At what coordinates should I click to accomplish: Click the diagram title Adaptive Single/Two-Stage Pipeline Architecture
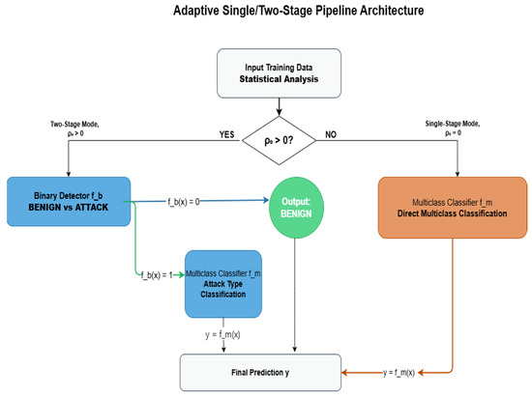coord(299,11)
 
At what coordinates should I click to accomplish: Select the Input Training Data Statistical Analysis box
coord(279,73)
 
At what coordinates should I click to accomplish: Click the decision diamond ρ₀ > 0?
coord(279,141)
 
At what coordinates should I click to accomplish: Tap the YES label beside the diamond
coord(226,134)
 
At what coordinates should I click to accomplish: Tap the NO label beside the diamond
coord(331,134)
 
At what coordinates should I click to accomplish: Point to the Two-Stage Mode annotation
coord(74,128)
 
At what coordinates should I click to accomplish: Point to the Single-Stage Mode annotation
coord(453,128)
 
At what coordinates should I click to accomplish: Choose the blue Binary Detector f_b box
coord(69,202)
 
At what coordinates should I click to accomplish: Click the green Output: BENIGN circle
coord(296,208)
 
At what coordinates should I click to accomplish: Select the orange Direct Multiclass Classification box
coord(453,208)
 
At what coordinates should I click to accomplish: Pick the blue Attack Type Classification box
coord(223,284)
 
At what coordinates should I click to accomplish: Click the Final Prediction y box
coord(260,373)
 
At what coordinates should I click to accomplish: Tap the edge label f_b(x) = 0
coord(184,202)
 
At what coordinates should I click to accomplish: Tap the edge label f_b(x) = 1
coord(157,275)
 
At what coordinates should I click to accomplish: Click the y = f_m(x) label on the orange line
coord(399,373)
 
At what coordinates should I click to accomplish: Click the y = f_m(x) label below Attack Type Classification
coord(222,334)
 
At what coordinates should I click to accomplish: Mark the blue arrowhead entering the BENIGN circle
coord(266,200)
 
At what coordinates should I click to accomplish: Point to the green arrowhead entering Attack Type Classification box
coord(182,275)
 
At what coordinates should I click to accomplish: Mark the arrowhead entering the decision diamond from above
coord(279,112)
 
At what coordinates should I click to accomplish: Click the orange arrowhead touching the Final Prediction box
coord(344,373)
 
